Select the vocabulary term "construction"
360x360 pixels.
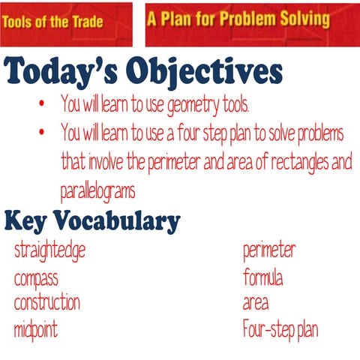[x=47, y=303]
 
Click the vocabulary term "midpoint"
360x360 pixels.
[x=36, y=328]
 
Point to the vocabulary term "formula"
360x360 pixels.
[x=263, y=278]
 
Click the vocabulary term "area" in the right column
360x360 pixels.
[x=256, y=304]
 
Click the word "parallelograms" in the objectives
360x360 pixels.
[x=97, y=190]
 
